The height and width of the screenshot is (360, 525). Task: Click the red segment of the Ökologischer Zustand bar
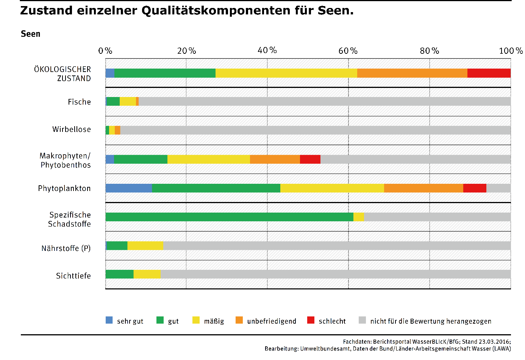coord(489,73)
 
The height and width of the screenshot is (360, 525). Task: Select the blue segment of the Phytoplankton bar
coord(129,188)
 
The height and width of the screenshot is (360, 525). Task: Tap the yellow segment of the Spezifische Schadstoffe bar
coord(359,217)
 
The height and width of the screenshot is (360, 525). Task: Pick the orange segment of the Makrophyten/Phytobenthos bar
coord(275,160)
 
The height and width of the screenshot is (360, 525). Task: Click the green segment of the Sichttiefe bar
coord(120,274)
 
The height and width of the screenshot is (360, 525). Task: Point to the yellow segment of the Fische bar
coord(128,102)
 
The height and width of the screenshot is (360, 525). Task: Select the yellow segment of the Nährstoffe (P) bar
coord(145,246)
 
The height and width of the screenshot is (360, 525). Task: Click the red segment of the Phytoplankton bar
coord(475,188)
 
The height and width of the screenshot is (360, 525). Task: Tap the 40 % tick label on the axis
coord(267,51)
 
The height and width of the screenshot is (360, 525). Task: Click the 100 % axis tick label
coord(511,51)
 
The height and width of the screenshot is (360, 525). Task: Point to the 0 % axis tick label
coord(105,51)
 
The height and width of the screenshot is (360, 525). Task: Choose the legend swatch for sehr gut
coord(109,320)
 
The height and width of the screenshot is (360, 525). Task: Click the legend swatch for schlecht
coord(311,320)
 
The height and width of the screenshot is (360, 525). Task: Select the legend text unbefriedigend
coord(272,321)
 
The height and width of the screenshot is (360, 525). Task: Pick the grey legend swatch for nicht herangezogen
coord(362,320)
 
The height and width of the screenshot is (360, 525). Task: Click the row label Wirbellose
coord(72,130)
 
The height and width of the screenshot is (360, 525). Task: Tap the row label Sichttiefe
coord(73,276)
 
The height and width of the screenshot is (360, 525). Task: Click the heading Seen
coord(31,34)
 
